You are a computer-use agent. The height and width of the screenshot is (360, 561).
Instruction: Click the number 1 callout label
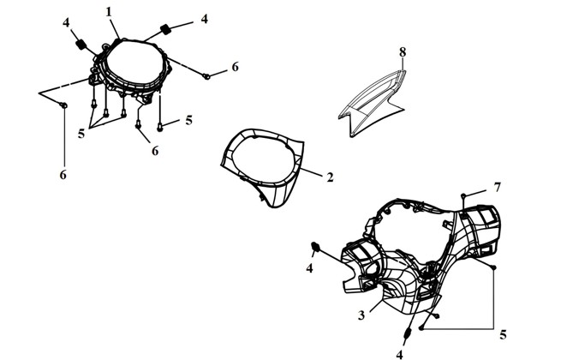pyautogui.click(x=109, y=12)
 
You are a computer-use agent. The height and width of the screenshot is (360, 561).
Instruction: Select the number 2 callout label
pyautogui.click(x=330, y=177)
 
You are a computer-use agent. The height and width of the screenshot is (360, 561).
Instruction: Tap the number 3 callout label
pyautogui.click(x=361, y=315)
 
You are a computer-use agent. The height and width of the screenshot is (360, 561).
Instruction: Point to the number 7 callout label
pyautogui.click(x=497, y=187)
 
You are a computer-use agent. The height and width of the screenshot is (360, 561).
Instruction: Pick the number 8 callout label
pyautogui.click(x=403, y=52)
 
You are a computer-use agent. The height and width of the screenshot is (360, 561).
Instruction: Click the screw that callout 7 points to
pyautogui.click(x=463, y=195)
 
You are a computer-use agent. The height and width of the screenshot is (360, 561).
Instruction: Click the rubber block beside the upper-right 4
pyautogui.click(x=165, y=28)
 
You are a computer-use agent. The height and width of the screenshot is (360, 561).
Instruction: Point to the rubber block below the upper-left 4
pyautogui.click(x=81, y=45)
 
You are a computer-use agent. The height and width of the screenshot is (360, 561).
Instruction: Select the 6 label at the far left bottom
pyautogui.click(x=63, y=175)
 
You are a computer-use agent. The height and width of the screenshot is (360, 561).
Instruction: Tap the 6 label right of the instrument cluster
pyautogui.click(x=235, y=67)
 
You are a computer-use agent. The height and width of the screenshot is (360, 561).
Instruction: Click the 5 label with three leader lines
pyautogui.click(x=81, y=134)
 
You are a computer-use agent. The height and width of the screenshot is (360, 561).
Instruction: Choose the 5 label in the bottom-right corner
pyautogui.click(x=503, y=335)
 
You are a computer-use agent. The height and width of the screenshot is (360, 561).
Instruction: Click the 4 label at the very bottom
pyautogui.click(x=400, y=354)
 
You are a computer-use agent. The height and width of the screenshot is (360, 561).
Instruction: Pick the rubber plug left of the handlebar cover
pyautogui.click(x=315, y=246)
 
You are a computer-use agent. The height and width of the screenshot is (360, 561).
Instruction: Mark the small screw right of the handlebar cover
pyautogui.click(x=493, y=267)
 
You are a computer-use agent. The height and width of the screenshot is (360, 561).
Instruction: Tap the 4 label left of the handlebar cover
pyautogui.click(x=309, y=267)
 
